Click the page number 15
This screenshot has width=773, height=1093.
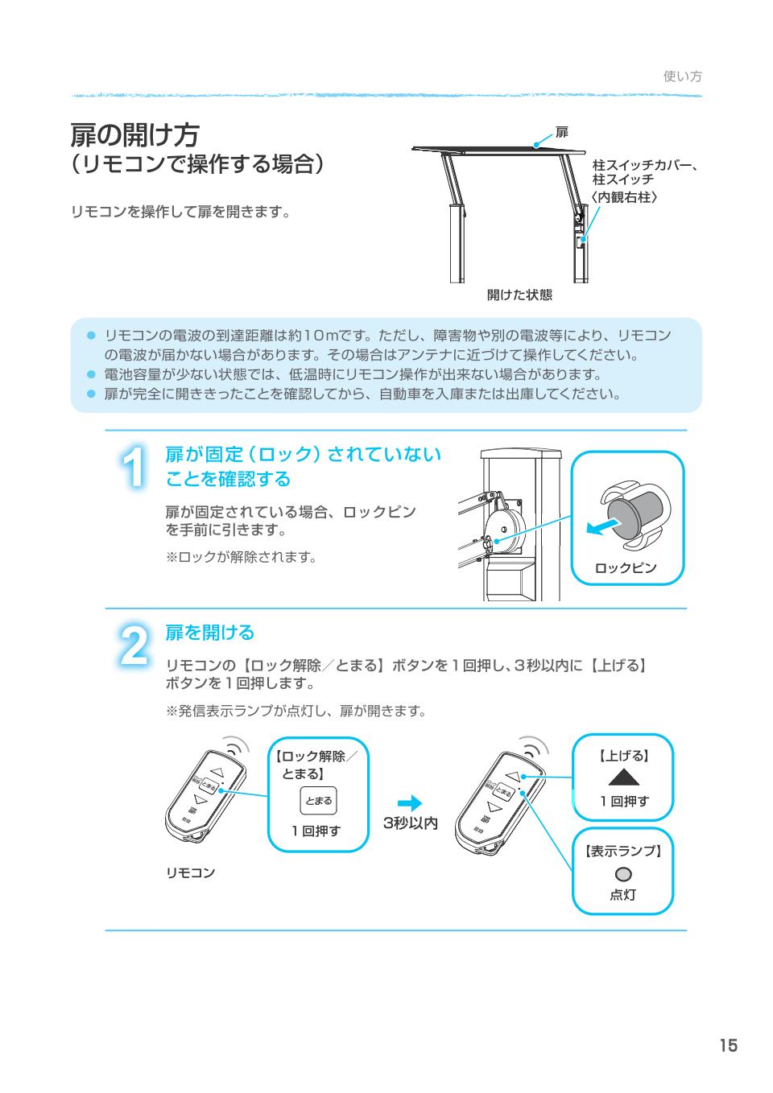point(728,1046)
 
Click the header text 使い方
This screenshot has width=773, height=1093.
point(682,76)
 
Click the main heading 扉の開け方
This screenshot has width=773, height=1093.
point(135,134)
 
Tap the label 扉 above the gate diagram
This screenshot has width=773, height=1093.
point(562,132)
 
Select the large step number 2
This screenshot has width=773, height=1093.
point(133,645)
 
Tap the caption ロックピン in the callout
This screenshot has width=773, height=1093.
point(626,567)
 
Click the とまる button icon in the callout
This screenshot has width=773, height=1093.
point(318,801)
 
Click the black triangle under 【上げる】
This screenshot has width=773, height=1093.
point(622,777)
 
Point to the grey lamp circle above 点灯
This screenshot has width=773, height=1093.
point(622,874)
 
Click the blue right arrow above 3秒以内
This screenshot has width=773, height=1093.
point(410,803)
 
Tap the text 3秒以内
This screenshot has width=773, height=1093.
point(410,823)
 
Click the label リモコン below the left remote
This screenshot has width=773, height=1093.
point(191,872)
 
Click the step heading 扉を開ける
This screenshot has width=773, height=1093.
point(209,633)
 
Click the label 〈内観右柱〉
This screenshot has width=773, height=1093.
point(625,196)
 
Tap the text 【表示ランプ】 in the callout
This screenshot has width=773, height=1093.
point(622,852)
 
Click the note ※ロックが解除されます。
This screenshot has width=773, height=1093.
point(241,556)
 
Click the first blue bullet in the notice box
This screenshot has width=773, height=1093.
point(92,335)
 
